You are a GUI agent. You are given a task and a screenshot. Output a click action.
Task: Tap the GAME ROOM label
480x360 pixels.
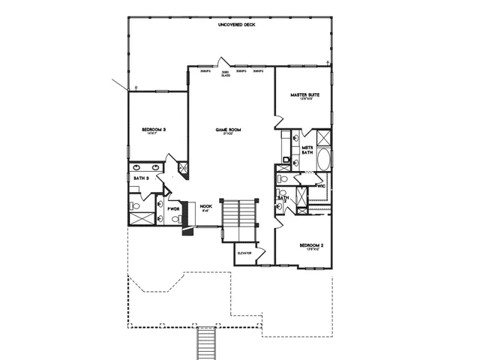coord(225,130)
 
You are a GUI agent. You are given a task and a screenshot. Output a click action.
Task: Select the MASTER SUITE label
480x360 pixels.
coord(305,95)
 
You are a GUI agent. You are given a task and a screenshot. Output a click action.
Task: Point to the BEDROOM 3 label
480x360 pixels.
coord(154,130)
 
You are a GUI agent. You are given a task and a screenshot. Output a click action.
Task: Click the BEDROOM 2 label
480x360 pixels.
coord(311,246)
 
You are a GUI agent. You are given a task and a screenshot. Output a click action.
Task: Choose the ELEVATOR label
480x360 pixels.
coord(244,253)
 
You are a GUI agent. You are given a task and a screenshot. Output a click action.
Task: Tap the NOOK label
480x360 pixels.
coord(206,206)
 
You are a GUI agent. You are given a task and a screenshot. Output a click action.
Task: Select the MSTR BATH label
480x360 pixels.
coord(307,151)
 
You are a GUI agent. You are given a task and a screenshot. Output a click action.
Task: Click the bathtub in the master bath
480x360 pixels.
coord(324,160)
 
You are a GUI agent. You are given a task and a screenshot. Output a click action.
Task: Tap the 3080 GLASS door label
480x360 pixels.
coord(225,73)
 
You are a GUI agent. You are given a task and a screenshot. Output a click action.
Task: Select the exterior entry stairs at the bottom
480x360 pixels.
coord(206,343)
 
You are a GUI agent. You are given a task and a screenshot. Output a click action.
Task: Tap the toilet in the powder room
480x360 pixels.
coord(175,219)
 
